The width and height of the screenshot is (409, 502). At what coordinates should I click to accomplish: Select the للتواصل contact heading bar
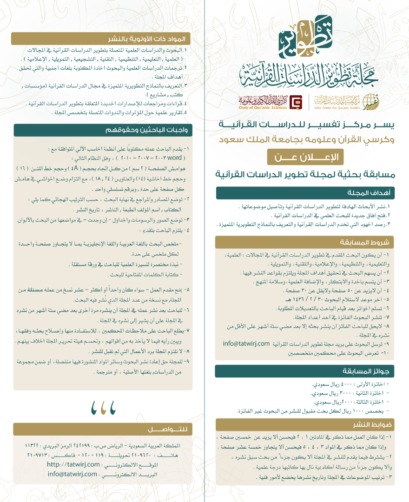pyautogui.click(x=163, y=429)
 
